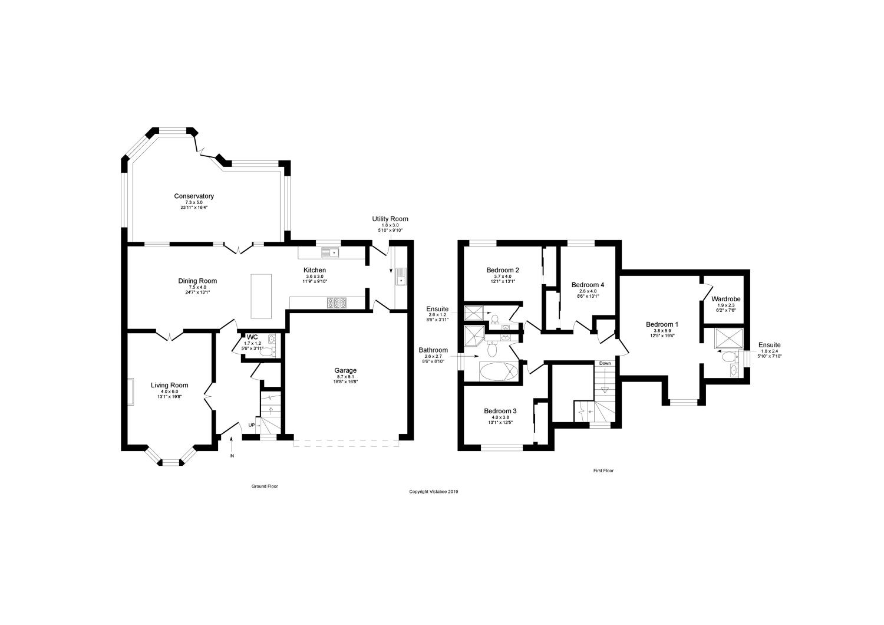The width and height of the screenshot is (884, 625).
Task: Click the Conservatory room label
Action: point(193,196)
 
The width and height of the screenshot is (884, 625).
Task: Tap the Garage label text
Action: point(347,371)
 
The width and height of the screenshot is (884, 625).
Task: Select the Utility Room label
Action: point(390,219)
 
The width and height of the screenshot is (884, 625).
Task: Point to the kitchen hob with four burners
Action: point(337,303)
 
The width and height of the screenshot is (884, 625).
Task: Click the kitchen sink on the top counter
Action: point(330,253)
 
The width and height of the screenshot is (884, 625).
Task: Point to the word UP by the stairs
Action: point(252,425)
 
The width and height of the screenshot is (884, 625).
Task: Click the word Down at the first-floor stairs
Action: point(605,363)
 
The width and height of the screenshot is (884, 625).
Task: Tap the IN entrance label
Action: point(232,456)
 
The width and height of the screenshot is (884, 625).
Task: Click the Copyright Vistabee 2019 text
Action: point(434,491)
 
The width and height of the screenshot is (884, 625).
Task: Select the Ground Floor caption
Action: point(265,486)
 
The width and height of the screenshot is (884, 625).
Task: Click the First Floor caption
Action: point(603,471)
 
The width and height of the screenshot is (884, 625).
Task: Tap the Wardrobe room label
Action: point(726,299)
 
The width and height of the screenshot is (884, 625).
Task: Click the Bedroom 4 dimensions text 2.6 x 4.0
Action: point(588,291)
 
